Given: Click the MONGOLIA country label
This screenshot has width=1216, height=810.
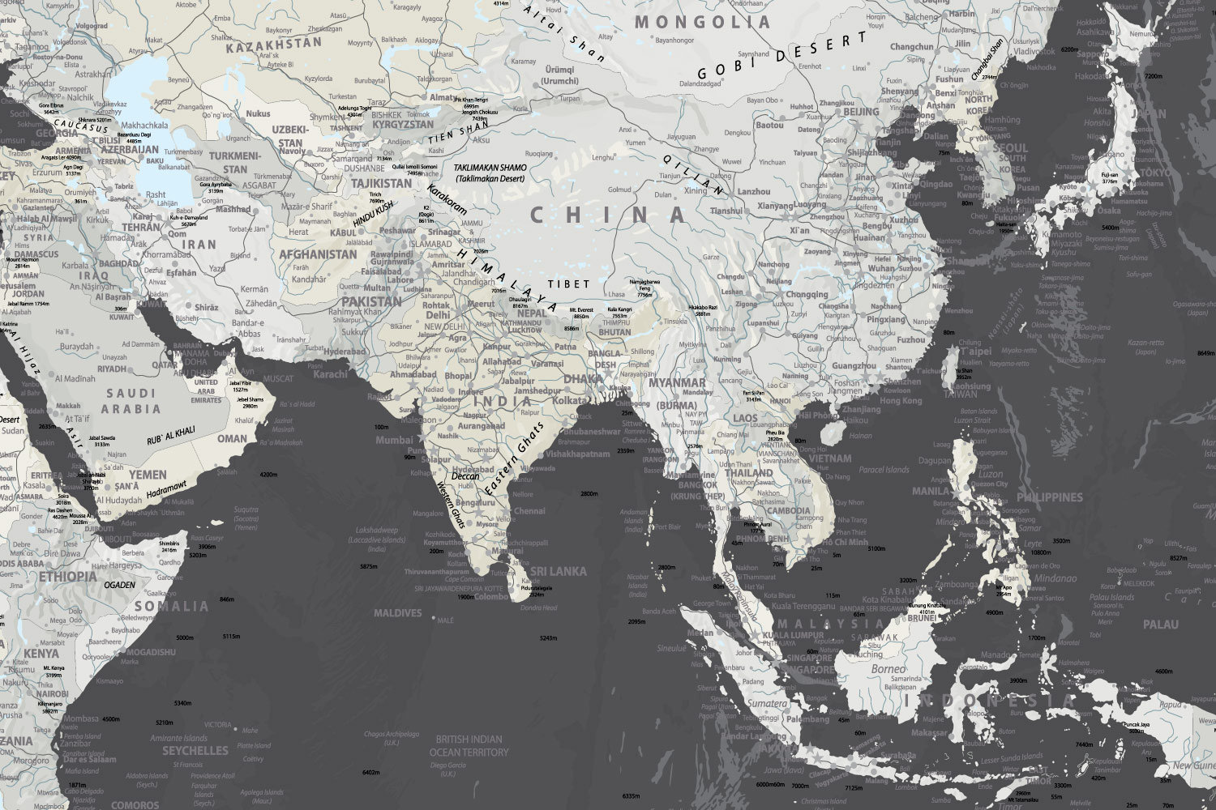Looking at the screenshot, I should click(x=701, y=22).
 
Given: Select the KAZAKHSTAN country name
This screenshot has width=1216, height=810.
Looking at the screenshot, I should click(x=273, y=46).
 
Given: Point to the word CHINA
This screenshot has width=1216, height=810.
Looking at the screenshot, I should click(x=608, y=215).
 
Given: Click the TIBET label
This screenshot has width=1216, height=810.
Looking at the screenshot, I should click(x=568, y=284).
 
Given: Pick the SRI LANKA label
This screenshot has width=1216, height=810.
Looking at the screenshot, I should click(x=558, y=572).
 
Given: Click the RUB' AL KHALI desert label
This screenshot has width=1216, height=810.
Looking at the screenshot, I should click(x=170, y=435).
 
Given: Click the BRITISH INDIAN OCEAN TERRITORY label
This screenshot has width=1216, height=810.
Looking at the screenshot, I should click(x=469, y=745).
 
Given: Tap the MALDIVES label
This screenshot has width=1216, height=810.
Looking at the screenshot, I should click(x=398, y=613).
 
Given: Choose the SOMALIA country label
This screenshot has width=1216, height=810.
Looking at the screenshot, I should click(x=171, y=606).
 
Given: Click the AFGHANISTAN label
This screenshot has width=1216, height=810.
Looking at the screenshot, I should click(x=318, y=254).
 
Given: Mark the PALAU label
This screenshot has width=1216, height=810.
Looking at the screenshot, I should click(x=1160, y=625).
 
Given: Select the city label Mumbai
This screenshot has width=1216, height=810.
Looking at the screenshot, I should click(x=395, y=441).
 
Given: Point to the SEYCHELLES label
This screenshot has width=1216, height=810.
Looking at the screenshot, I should click(x=195, y=751).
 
